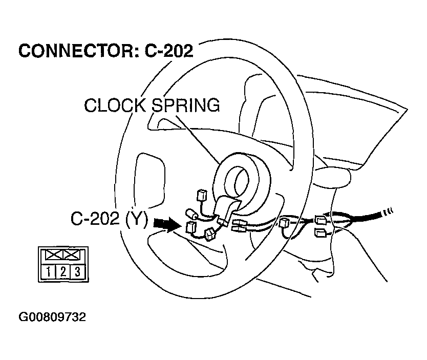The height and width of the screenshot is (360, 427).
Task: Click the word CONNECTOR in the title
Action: [x=72, y=51]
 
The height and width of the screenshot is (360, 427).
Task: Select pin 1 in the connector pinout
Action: [x=48, y=271]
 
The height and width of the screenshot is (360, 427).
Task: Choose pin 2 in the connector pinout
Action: [x=62, y=271]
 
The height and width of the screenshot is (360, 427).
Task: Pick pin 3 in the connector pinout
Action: [x=77, y=271]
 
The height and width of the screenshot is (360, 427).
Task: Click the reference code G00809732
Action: [x=52, y=317]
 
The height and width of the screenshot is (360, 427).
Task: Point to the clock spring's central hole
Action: [x=239, y=179]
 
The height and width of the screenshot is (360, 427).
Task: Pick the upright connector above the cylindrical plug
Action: [x=201, y=195]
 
